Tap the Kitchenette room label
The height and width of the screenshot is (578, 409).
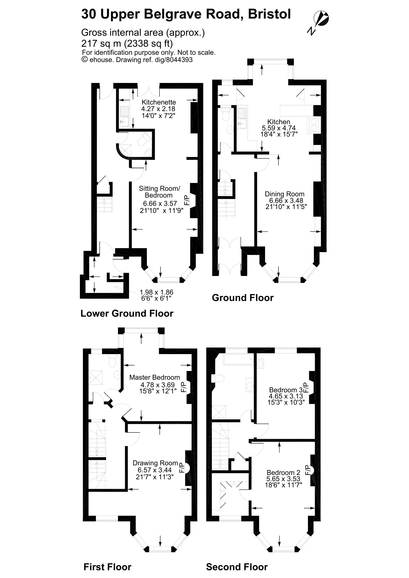point(159,102)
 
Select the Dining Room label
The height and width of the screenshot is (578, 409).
point(285,194)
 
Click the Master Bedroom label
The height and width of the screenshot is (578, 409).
point(154,377)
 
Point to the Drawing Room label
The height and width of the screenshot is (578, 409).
point(155,463)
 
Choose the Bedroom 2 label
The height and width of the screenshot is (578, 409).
point(283,473)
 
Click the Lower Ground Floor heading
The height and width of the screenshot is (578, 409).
point(127,313)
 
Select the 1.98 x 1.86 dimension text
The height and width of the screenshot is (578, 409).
point(156,292)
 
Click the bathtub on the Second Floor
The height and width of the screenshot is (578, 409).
point(238,360)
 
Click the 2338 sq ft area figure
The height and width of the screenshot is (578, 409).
point(148,43)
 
